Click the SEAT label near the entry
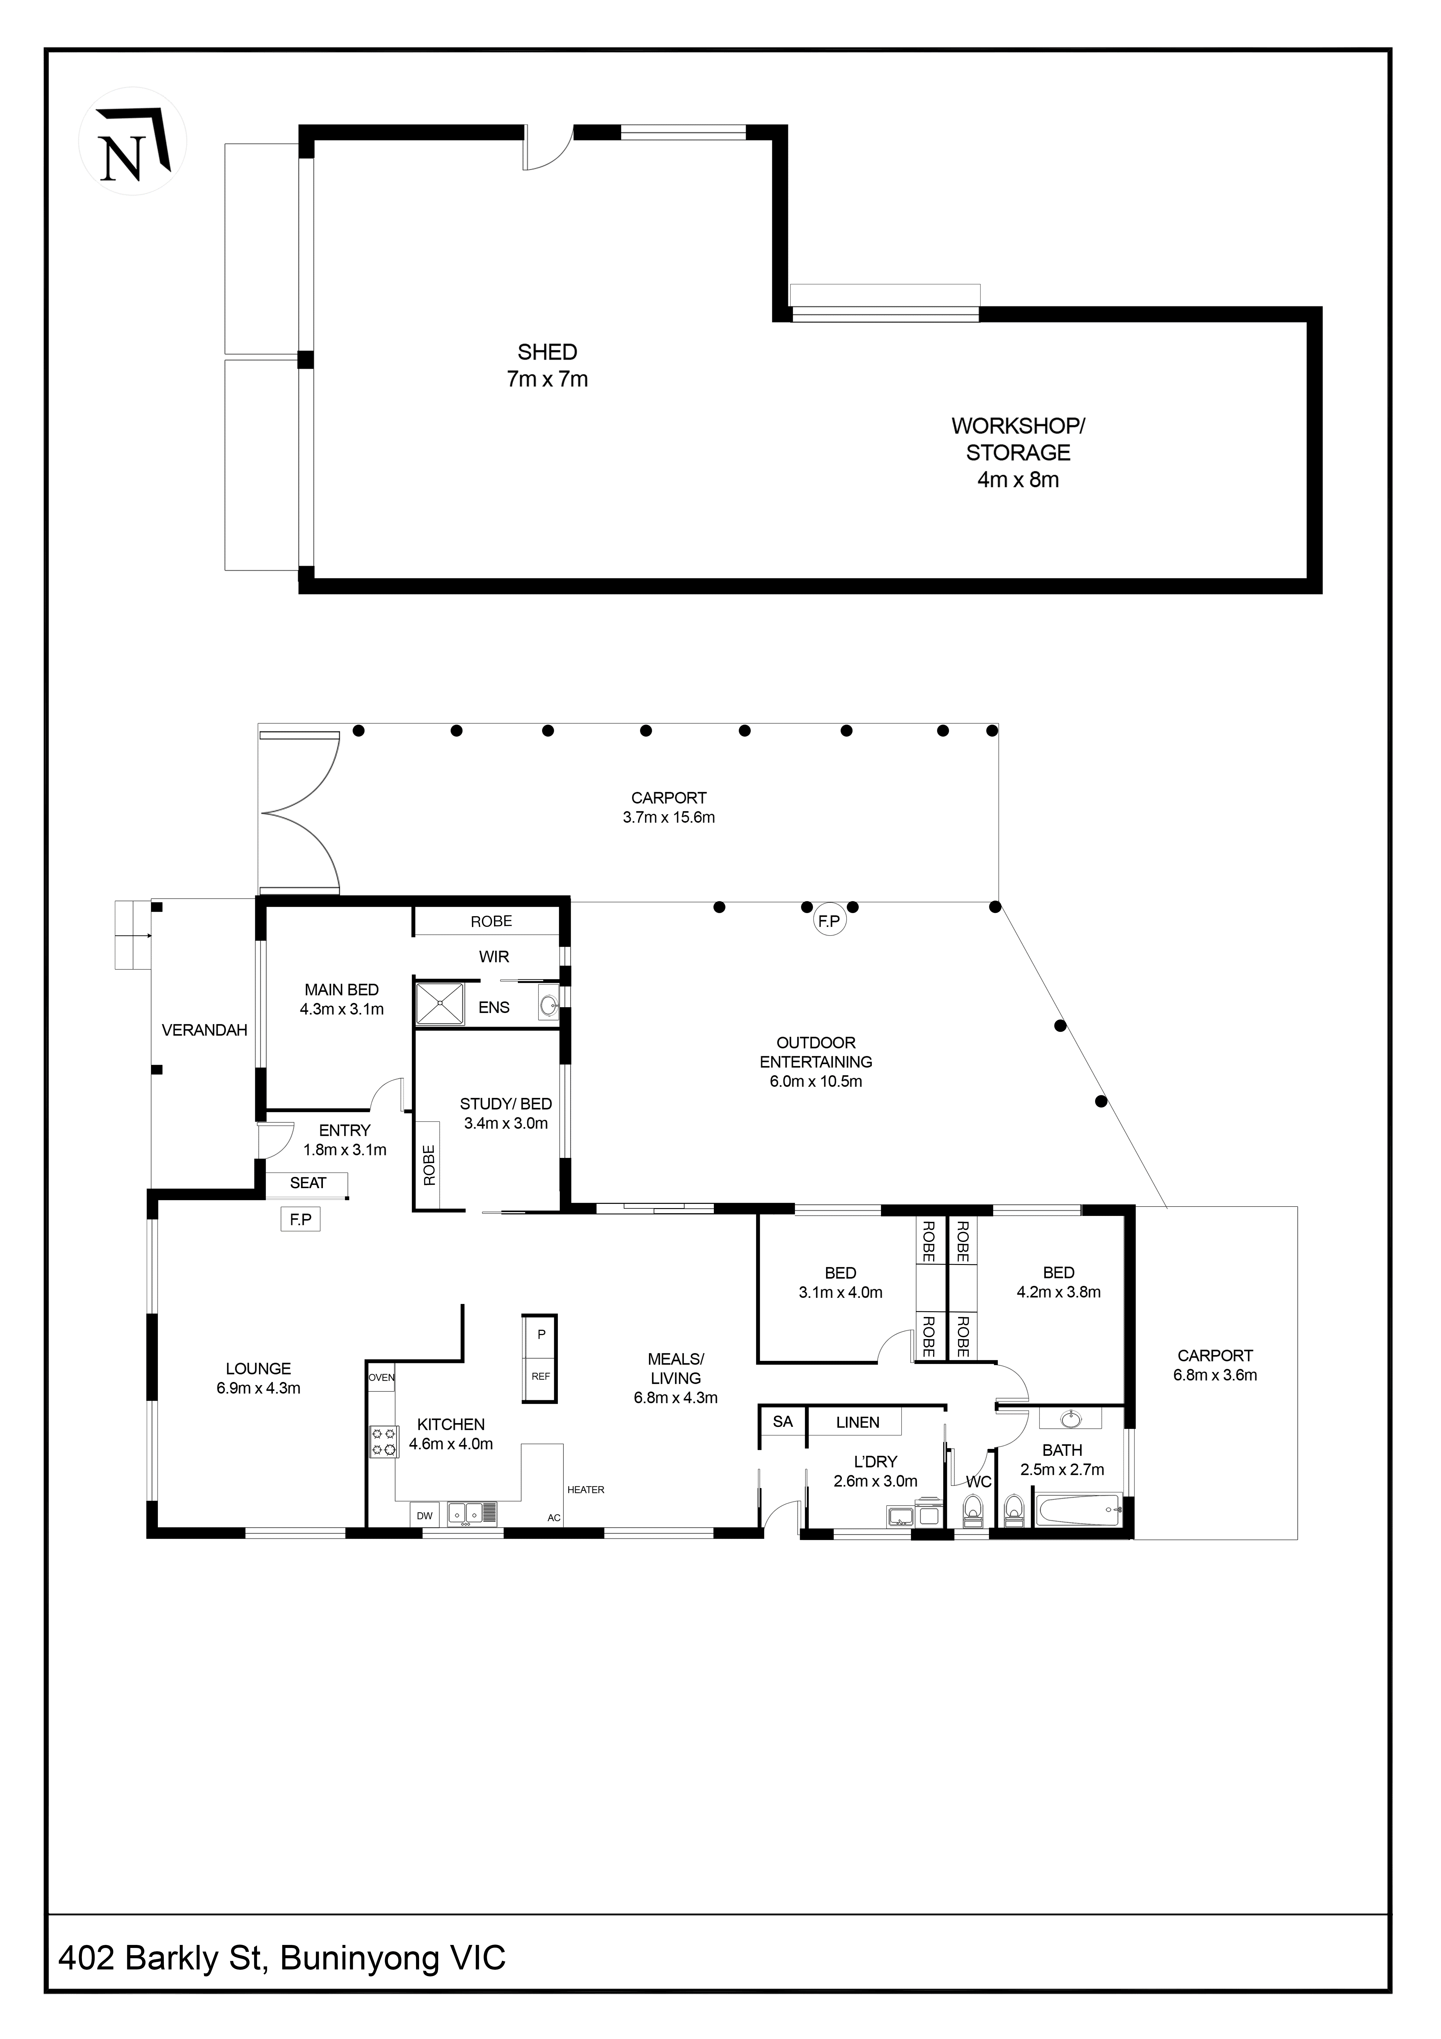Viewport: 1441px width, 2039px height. pos(308,1183)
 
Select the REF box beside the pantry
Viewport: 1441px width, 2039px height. pos(541,1377)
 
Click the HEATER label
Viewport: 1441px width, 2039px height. pos(586,1489)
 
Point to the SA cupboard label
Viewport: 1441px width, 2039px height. pos(782,1422)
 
